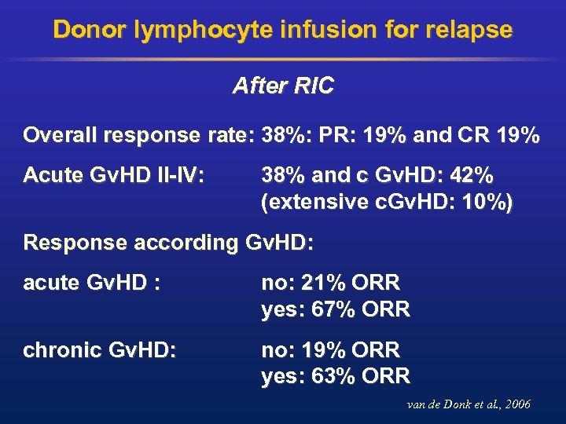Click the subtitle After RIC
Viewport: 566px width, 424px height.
282,86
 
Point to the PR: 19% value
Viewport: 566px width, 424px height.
366,135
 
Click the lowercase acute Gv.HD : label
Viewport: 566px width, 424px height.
92,282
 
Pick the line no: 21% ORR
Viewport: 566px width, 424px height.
330,282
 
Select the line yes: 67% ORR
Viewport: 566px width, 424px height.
336,309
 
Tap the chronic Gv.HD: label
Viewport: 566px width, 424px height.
100,349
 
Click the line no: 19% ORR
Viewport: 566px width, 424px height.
330,349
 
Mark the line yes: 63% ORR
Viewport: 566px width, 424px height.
336,377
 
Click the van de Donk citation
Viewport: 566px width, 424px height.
469,404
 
